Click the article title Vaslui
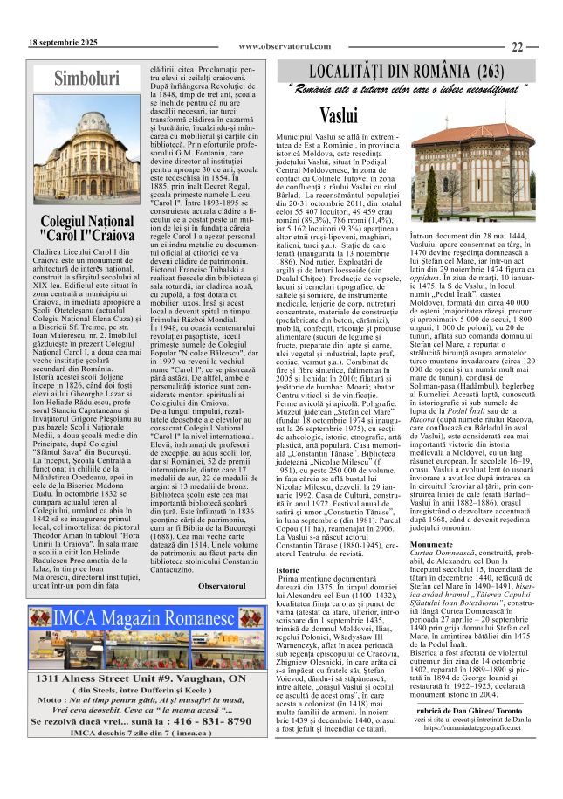pyautogui.click(x=339, y=114)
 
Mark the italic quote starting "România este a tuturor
pyautogui.click(x=407, y=89)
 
